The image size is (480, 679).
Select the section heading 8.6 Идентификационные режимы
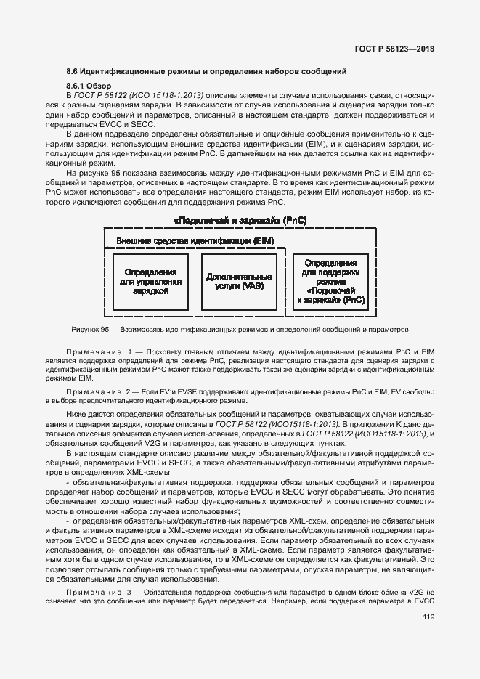click(206, 71)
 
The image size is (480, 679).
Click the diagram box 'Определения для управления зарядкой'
click(150, 282)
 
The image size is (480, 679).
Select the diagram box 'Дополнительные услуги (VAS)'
click(239, 282)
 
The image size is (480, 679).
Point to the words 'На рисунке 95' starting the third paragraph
click(92, 173)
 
